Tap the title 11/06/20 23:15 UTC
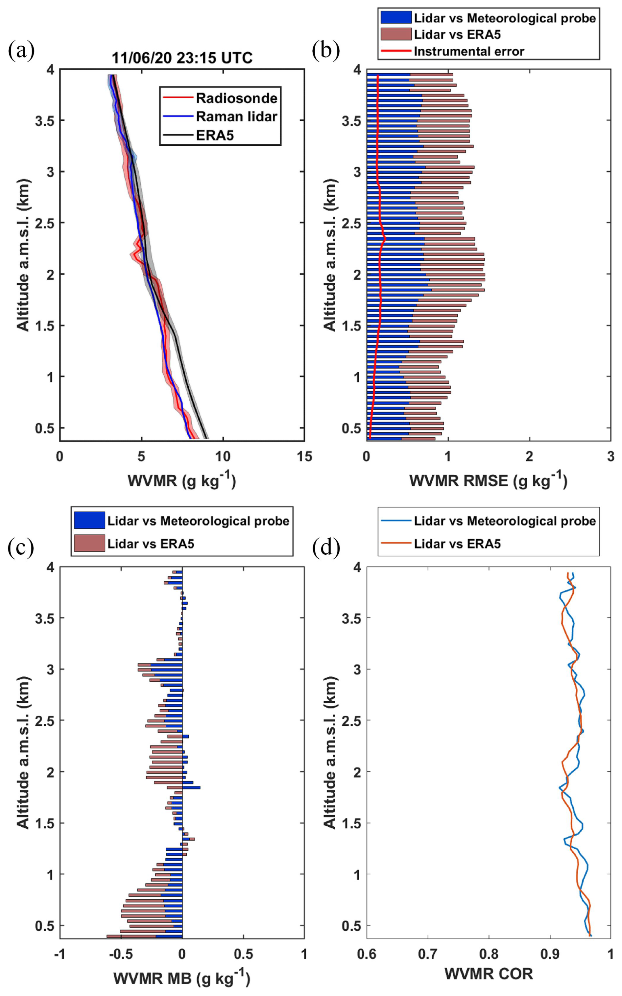tap(182, 58)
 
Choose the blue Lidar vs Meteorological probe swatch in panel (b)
tap(396, 17)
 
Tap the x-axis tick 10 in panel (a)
tap(223, 456)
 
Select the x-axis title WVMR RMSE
tap(488, 480)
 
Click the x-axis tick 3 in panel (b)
tap(610, 456)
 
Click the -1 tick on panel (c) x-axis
tap(60, 954)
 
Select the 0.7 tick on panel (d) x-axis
tap(428, 954)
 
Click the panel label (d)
tap(326, 550)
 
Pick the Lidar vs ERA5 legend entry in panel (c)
tap(151, 544)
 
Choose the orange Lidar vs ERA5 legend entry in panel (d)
tap(457, 544)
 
